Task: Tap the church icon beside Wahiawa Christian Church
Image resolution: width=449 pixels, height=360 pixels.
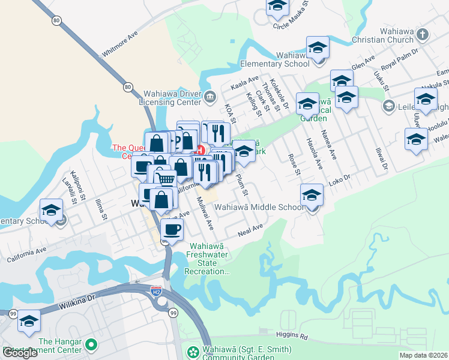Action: click(422, 34)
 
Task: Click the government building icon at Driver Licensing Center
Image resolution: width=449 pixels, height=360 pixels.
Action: click(209, 95)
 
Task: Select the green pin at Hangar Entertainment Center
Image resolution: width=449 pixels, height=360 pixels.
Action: click(91, 345)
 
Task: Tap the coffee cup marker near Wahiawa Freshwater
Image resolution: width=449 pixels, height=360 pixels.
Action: click(172, 229)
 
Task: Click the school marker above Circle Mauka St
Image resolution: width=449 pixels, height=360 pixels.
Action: click(277, 5)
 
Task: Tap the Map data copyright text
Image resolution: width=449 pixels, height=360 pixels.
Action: click(424, 355)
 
